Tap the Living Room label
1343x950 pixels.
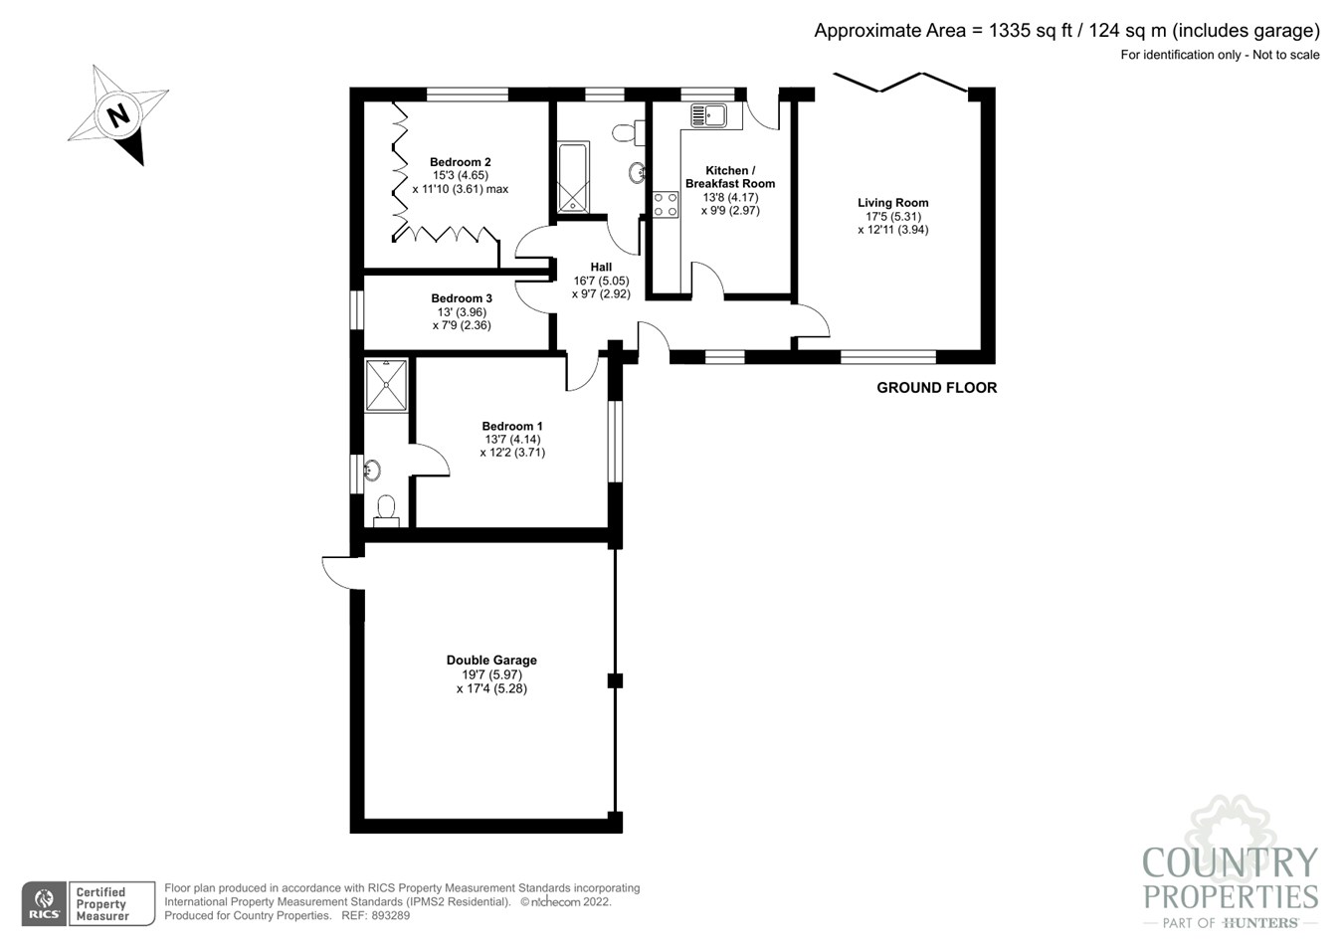point(892,203)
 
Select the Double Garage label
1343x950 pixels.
point(491,661)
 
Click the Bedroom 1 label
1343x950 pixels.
point(512,427)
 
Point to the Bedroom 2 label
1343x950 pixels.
point(460,162)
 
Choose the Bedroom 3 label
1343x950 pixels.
point(462,298)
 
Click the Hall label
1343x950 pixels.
point(601,267)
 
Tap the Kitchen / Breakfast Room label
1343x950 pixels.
point(730,177)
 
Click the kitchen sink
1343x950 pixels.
point(709,115)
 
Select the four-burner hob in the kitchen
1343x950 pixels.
point(665,205)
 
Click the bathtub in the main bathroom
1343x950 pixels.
point(573,178)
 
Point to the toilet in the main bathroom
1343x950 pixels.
point(626,132)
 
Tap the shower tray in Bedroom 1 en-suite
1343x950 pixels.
point(386,385)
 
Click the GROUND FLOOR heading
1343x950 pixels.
point(936,388)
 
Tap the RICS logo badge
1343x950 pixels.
point(45,904)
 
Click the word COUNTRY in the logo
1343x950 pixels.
point(1230,862)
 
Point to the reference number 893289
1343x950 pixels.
point(389,915)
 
